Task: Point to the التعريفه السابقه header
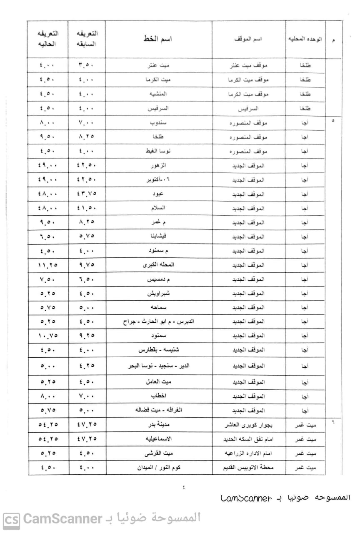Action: coord(87,38)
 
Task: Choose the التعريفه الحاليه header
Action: coord(48,38)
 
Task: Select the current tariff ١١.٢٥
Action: coord(48,265)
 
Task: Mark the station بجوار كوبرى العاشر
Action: coord(248,425)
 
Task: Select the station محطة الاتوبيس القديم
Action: coord(248,468)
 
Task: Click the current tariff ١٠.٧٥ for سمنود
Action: coord(48,336)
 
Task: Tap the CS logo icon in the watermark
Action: coord(11,520)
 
